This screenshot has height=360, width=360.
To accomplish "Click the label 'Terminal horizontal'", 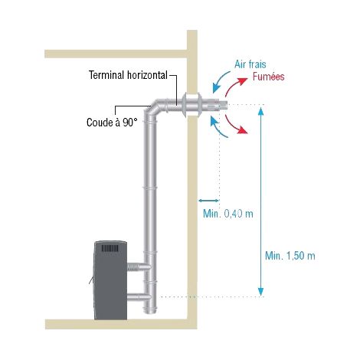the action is click(x=128, y=75).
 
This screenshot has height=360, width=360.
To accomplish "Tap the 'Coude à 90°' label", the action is click(x=112, y=123).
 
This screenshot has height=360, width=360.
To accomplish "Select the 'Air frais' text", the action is click(x=250, y=64).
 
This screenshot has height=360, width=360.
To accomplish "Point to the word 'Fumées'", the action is click(x=268, y=77).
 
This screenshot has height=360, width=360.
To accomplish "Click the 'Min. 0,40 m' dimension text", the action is click(x=228, y=214).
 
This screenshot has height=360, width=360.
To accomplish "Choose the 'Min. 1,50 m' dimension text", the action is click(x=290, y=256).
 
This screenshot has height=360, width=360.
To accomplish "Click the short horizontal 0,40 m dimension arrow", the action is click(x=209, y=201).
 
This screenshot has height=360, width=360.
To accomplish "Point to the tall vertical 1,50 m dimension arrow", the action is click(x=260, y=201).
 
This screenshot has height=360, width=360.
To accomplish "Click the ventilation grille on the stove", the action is click(x=110, y=248).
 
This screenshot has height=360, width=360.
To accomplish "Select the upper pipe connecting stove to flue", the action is click(x=139, y=267).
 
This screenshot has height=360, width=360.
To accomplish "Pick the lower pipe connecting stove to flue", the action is click(x=139, y=297).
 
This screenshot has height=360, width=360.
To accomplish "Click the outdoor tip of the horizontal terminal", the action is click(x=224, y=104).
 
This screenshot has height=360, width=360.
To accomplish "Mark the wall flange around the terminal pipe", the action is click(x=192, y=105).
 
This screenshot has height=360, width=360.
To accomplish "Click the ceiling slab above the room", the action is click(x=116, y=54).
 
